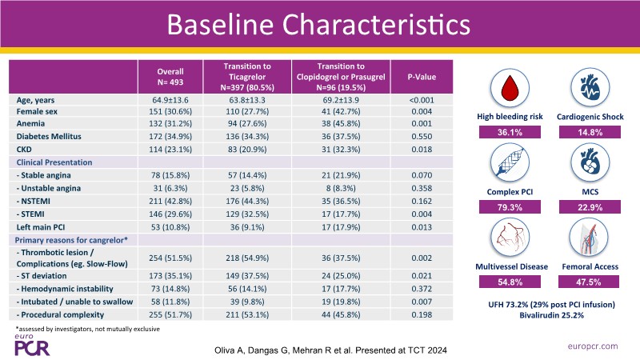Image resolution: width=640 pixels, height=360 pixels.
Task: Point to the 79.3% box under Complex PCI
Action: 514,208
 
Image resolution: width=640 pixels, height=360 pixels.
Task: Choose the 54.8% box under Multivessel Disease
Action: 514,282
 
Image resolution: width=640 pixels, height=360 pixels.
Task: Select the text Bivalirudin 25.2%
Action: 550,314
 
